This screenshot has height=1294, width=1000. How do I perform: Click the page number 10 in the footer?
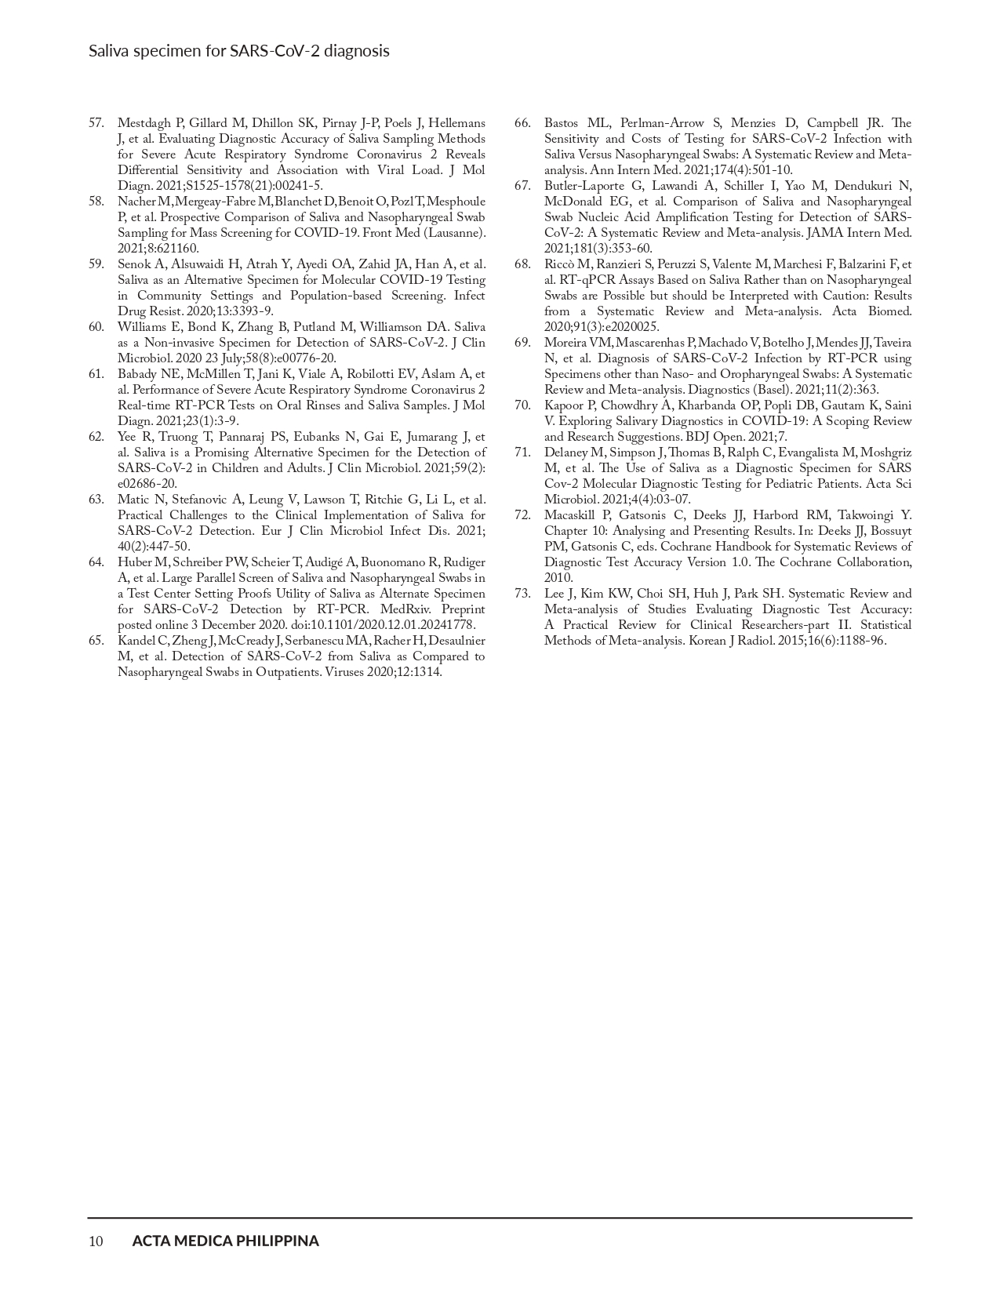tap(96, 1241)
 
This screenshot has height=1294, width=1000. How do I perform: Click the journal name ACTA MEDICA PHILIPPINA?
tap(225, 1241)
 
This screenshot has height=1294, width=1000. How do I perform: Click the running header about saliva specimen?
tap(238, 51)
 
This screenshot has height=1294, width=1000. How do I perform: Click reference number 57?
tap(96, 123)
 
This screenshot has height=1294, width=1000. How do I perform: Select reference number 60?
tap(96, 327)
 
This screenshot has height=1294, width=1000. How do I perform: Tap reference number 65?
tap(96, 641)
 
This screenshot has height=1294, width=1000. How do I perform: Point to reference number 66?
tap(523, 123)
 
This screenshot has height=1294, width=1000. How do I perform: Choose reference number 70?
tap(523, 405)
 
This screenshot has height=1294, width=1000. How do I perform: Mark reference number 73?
tap(523, 594)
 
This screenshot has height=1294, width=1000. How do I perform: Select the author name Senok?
tap(133, 264)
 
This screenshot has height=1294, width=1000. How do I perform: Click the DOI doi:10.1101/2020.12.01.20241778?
tap(384, 625)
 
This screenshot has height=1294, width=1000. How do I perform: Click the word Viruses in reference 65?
tap(344, 672)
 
